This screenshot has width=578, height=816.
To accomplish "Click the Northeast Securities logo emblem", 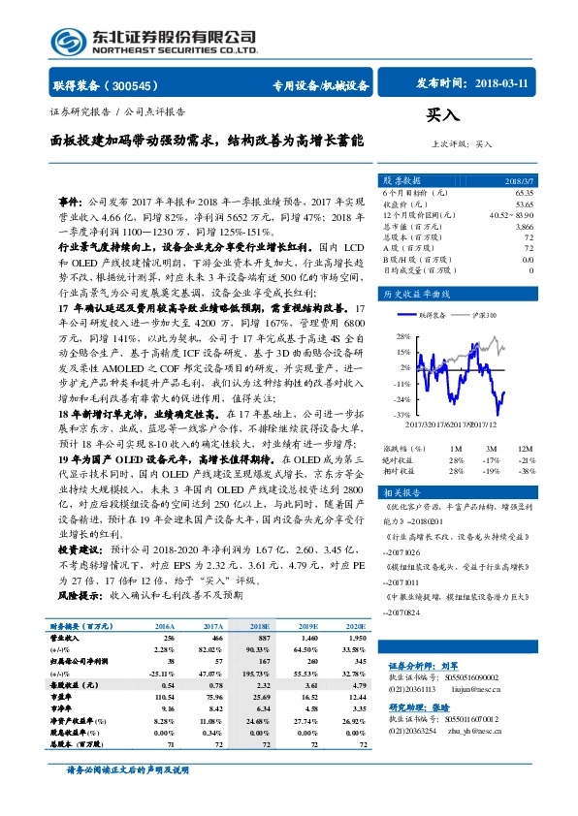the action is tap(66, 41).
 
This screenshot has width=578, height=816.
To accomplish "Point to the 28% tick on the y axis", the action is tap(401, 336).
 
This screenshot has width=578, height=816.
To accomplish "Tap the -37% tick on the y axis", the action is tap(401, 415).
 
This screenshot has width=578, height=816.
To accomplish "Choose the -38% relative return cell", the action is tap(525, 470).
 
